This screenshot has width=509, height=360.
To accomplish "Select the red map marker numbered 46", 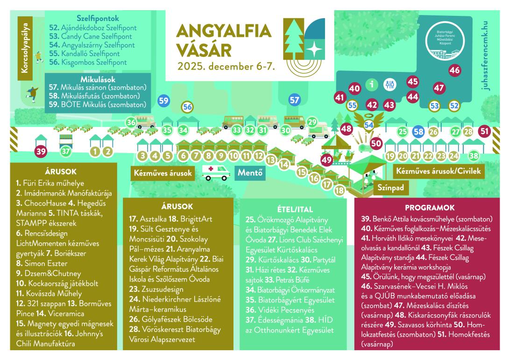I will point(454,71).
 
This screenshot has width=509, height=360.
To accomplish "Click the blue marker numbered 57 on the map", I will point(294,99).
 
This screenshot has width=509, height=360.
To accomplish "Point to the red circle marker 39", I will point(42,151).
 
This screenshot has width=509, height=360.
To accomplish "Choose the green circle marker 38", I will point(474,155).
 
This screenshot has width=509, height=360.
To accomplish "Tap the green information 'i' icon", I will point(372,85).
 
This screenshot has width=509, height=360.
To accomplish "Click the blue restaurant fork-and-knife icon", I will point(389,85).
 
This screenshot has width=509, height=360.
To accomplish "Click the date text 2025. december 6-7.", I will point(226,66).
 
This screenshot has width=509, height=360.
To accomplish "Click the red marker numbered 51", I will point(484,132).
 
